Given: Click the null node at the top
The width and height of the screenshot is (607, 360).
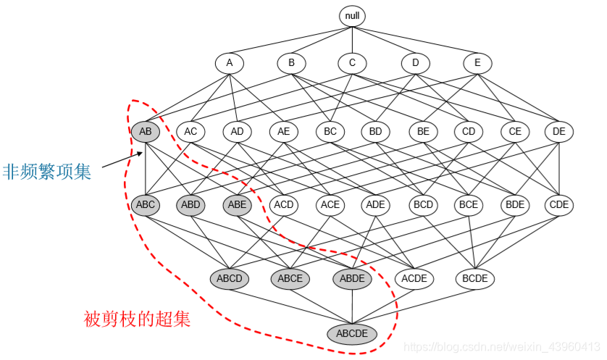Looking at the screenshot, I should [x=352, y=15].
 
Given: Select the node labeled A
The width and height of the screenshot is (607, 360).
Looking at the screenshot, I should [x=230, y=63].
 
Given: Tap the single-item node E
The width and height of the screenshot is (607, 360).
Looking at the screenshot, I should [x=477, y=63].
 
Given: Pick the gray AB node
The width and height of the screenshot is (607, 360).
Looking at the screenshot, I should [x=146, y=132].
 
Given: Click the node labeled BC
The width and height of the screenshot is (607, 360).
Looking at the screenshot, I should [x=330, y=132].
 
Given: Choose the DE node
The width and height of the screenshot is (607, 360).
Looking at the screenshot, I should [x=559, y=132].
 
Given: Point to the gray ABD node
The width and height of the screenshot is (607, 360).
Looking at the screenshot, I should [x=191, y=205].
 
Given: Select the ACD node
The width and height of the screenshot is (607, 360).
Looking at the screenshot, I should [x=284, y=205].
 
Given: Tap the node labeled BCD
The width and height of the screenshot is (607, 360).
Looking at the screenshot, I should [x=423, y=205].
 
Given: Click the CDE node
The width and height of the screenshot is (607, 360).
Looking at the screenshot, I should [x=559, y=205].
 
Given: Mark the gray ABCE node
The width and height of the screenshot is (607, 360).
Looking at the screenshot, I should [x=290, y=277].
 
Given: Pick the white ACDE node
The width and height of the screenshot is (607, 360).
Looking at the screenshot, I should [x=414, y=277].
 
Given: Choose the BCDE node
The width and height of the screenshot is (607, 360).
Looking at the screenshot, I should [x=475, y=277].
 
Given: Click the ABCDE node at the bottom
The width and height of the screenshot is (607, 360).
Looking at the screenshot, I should [x=352, y=334].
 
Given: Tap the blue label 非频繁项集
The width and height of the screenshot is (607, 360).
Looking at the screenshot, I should [x=47, y=172].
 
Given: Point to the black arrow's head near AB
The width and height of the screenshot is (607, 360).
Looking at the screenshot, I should [x=142, y=152].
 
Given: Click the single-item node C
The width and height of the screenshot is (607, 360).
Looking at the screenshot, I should [x=352, y=63].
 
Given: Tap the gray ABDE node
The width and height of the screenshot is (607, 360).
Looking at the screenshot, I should [x=352, y=277].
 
